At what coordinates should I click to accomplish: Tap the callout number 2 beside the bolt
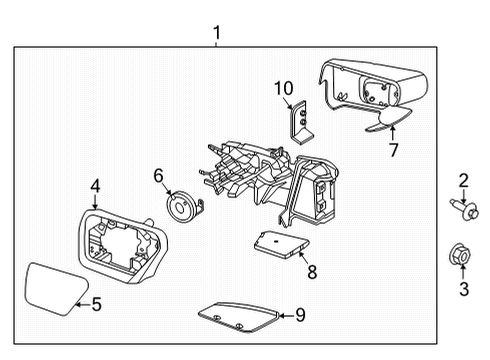tap(463, 180)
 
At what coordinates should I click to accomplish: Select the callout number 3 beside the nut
tap(463, 290)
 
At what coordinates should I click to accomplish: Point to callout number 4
tap(95, 184)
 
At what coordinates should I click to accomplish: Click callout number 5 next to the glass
tap(96, 304)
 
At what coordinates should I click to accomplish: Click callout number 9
tap(300, 315)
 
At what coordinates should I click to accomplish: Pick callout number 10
tap(283, 89)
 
